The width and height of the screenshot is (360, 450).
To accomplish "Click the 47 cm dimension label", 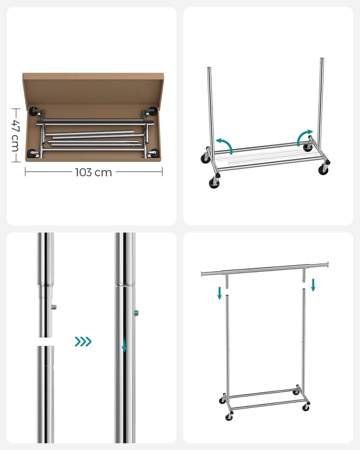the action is [x=16, y=135].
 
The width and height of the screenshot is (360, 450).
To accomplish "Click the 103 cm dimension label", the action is [x=94, y=172].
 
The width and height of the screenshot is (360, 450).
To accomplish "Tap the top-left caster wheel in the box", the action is [x=34, y=111].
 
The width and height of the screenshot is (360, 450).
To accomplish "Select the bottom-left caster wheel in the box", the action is [x=33, y=153].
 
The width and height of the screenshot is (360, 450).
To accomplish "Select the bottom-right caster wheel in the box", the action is [x=154, y=153].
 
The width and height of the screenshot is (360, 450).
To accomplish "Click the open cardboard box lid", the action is [x=94, y=88].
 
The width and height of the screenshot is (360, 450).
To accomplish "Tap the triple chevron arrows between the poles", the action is [x=83, y=341].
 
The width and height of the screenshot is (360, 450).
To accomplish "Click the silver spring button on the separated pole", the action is [x=53, y=307].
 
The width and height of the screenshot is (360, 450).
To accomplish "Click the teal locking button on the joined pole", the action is [x=136, y=313].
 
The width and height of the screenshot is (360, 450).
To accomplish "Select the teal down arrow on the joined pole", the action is [x=124, y=345].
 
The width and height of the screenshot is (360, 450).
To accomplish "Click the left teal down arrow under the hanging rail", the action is [x=220, y=293].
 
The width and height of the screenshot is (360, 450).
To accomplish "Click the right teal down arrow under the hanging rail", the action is [x=313, y=285].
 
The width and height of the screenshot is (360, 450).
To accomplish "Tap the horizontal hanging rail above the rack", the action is [x=265, y=269].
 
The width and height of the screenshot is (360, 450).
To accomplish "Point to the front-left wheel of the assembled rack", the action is [x=229, y=417].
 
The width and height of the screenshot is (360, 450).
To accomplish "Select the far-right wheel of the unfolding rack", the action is [x=323, y=169].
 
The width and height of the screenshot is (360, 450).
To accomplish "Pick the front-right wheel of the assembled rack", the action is [x=306, y=407].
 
